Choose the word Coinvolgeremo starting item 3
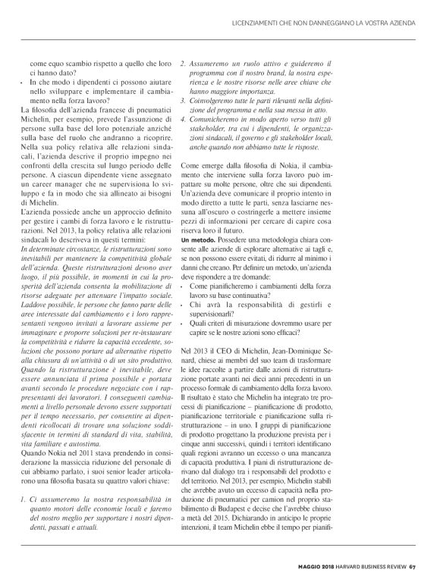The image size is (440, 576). (x=224, y=99)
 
